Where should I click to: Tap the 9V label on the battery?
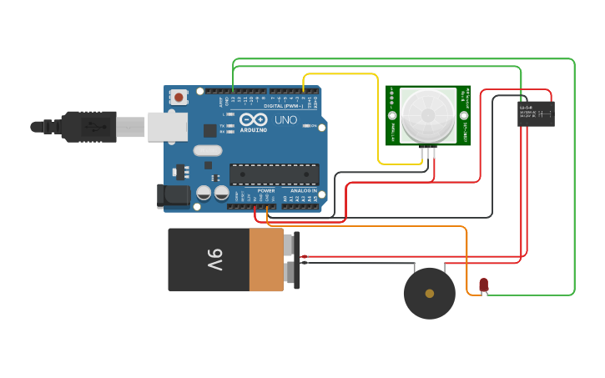coord(215,260)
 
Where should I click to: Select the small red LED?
coord(483,285)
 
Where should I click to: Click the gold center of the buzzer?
coord(430,294)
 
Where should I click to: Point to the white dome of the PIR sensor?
coord(428,114)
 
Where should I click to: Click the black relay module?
coord(536,113)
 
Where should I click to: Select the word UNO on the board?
coord(286,120)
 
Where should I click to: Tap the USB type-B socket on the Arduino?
coord(167,127)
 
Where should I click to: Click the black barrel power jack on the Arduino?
coord(174,195)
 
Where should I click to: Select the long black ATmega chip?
coord(274,174)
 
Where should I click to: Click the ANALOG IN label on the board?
coord(302,191)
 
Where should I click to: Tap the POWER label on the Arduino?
coord(265,191)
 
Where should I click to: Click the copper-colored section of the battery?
coord(266,260)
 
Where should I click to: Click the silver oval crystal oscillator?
coord(207,151)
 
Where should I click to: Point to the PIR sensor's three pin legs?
coord(430,151)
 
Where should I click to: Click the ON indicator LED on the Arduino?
coord(306,126)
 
